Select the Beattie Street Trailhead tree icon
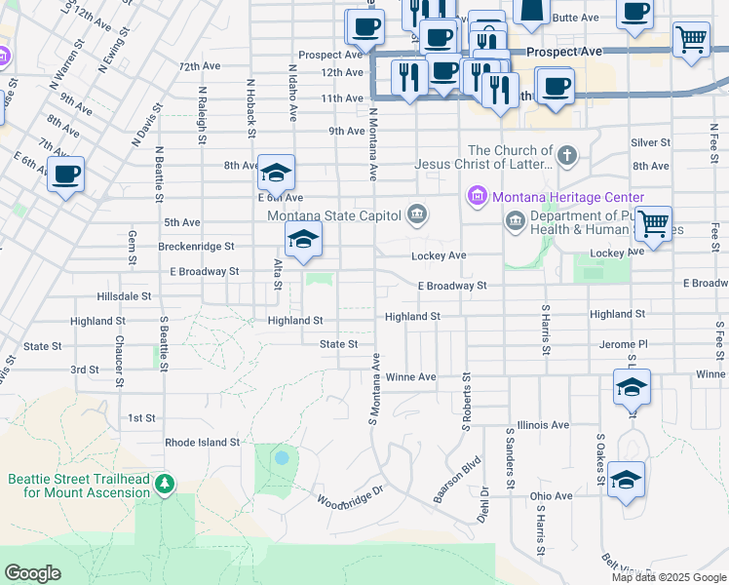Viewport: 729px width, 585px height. [166, 484]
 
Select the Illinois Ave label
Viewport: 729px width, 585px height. [544, 425]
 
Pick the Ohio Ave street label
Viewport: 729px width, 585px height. [552, 495]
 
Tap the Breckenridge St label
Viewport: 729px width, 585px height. [196, 247]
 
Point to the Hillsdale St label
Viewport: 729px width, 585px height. [125, 295]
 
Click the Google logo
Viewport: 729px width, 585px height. [32, 573]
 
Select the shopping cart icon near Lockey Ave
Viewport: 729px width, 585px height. [653, 222]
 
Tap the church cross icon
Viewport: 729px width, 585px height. [566, 154]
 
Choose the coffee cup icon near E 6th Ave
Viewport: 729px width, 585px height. [66, 175]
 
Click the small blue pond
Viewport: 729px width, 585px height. [282, 456]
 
